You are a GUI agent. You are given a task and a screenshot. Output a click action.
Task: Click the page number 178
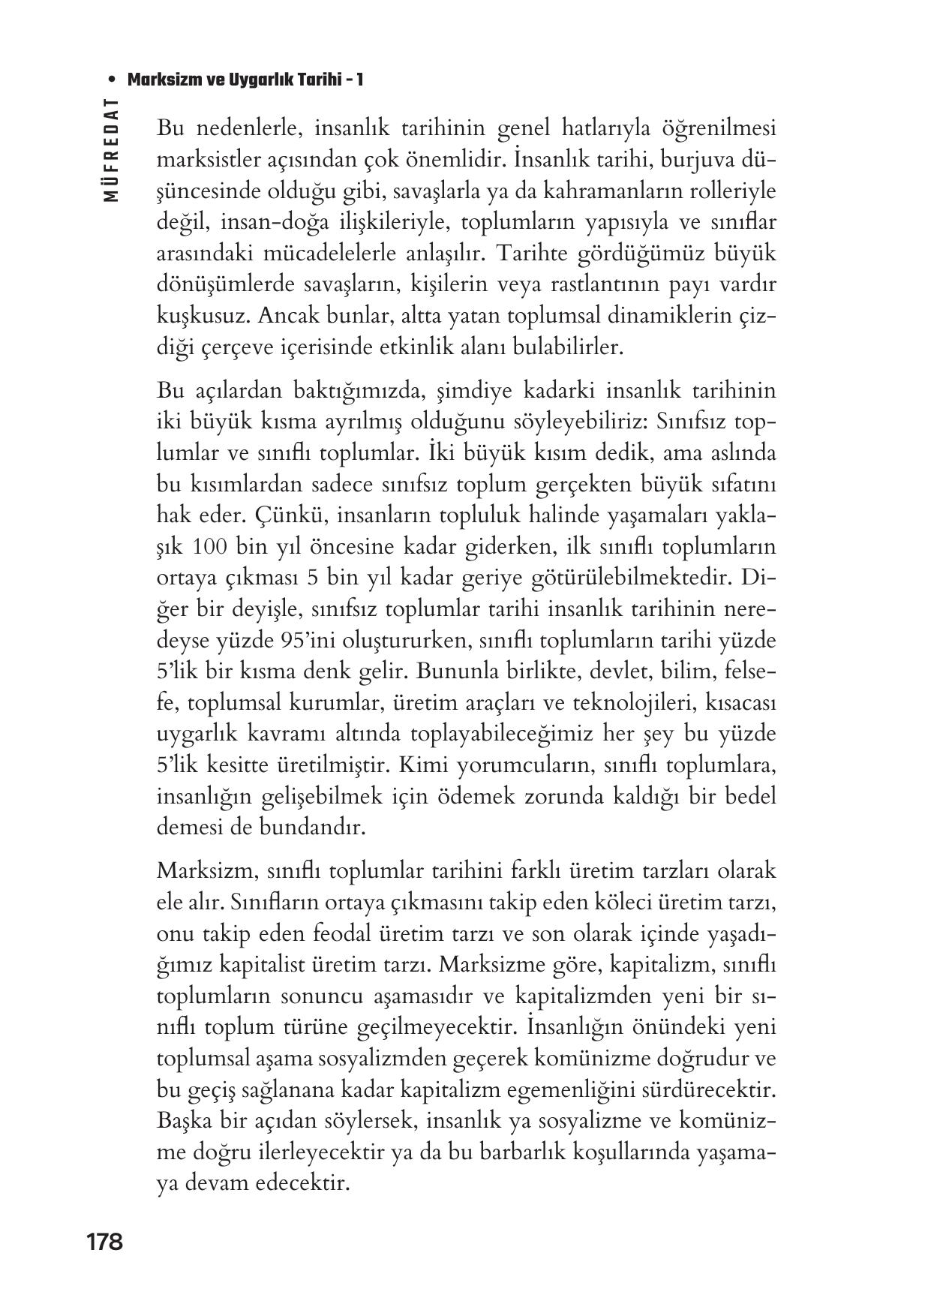pyautogui.click(x=104, y=1242)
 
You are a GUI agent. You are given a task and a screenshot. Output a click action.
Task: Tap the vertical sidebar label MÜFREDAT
pyautogui.click(x=111, y=151)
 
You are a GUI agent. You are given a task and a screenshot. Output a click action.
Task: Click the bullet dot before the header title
pyautogui.click(x=111, y=80)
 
